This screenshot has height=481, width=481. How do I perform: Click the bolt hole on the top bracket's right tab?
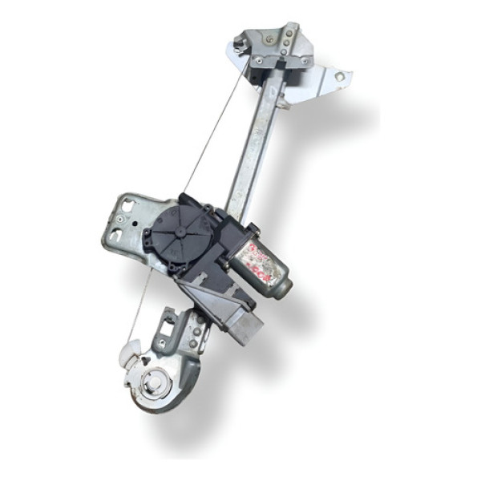point(339,77)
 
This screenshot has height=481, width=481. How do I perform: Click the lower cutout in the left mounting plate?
point(116,236)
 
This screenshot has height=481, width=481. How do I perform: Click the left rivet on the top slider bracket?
point(258,61)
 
